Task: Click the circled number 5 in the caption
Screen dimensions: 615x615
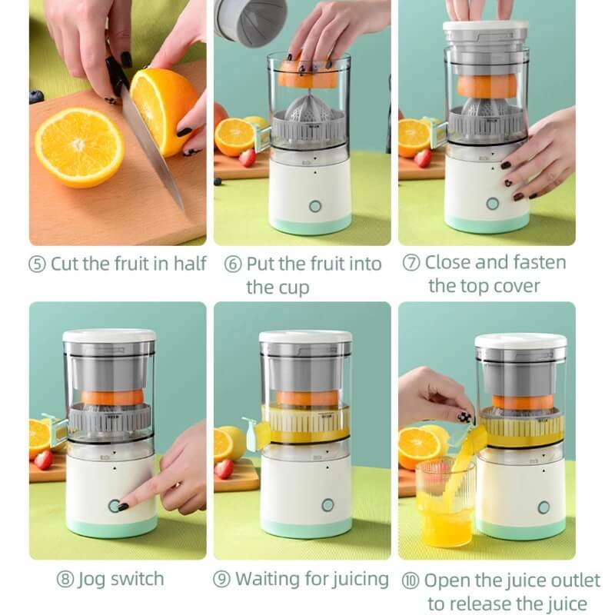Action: click(x=38, y=264)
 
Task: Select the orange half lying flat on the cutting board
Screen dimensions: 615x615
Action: click(x=78, y=146)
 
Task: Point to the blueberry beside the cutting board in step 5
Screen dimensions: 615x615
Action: click(x=35, y=96)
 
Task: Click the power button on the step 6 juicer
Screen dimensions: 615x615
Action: click(x=315, y=206)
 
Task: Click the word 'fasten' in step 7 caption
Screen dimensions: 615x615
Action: click(x=538, y=263)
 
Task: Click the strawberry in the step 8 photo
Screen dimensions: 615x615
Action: click(x=44, y=459)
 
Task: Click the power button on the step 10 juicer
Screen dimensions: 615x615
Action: click(x=544, y=507)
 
